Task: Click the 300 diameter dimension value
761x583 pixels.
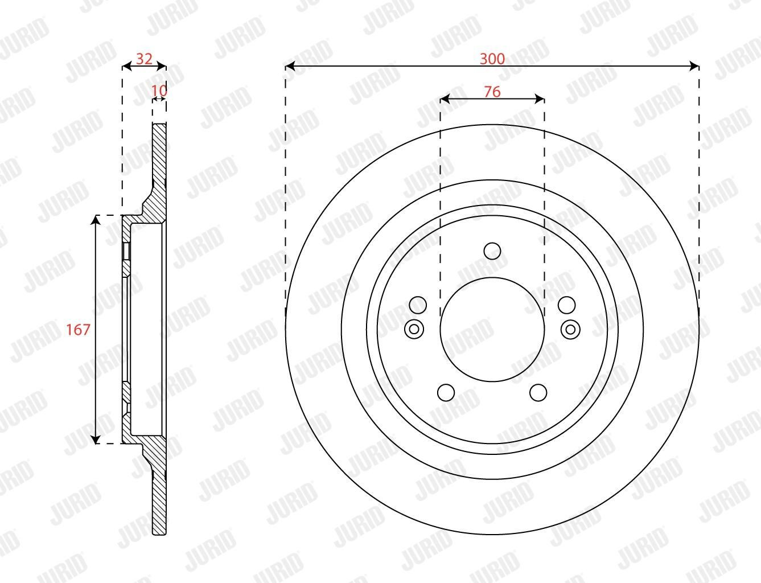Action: coord(492,59)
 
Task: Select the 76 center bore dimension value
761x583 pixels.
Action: coord(492,92)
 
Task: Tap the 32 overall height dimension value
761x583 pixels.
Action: coord(144,59)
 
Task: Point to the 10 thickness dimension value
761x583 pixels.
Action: coord(159,91)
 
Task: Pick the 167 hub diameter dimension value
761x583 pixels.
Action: coord(78,330)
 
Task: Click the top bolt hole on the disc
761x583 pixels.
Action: coord(492,251)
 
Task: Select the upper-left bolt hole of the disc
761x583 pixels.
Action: coord(418,305)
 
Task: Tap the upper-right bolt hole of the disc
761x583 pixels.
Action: coord(567,305)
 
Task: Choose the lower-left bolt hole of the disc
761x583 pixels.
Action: coord(446,392)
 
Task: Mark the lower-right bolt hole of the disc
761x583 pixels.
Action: coord(538,392)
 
